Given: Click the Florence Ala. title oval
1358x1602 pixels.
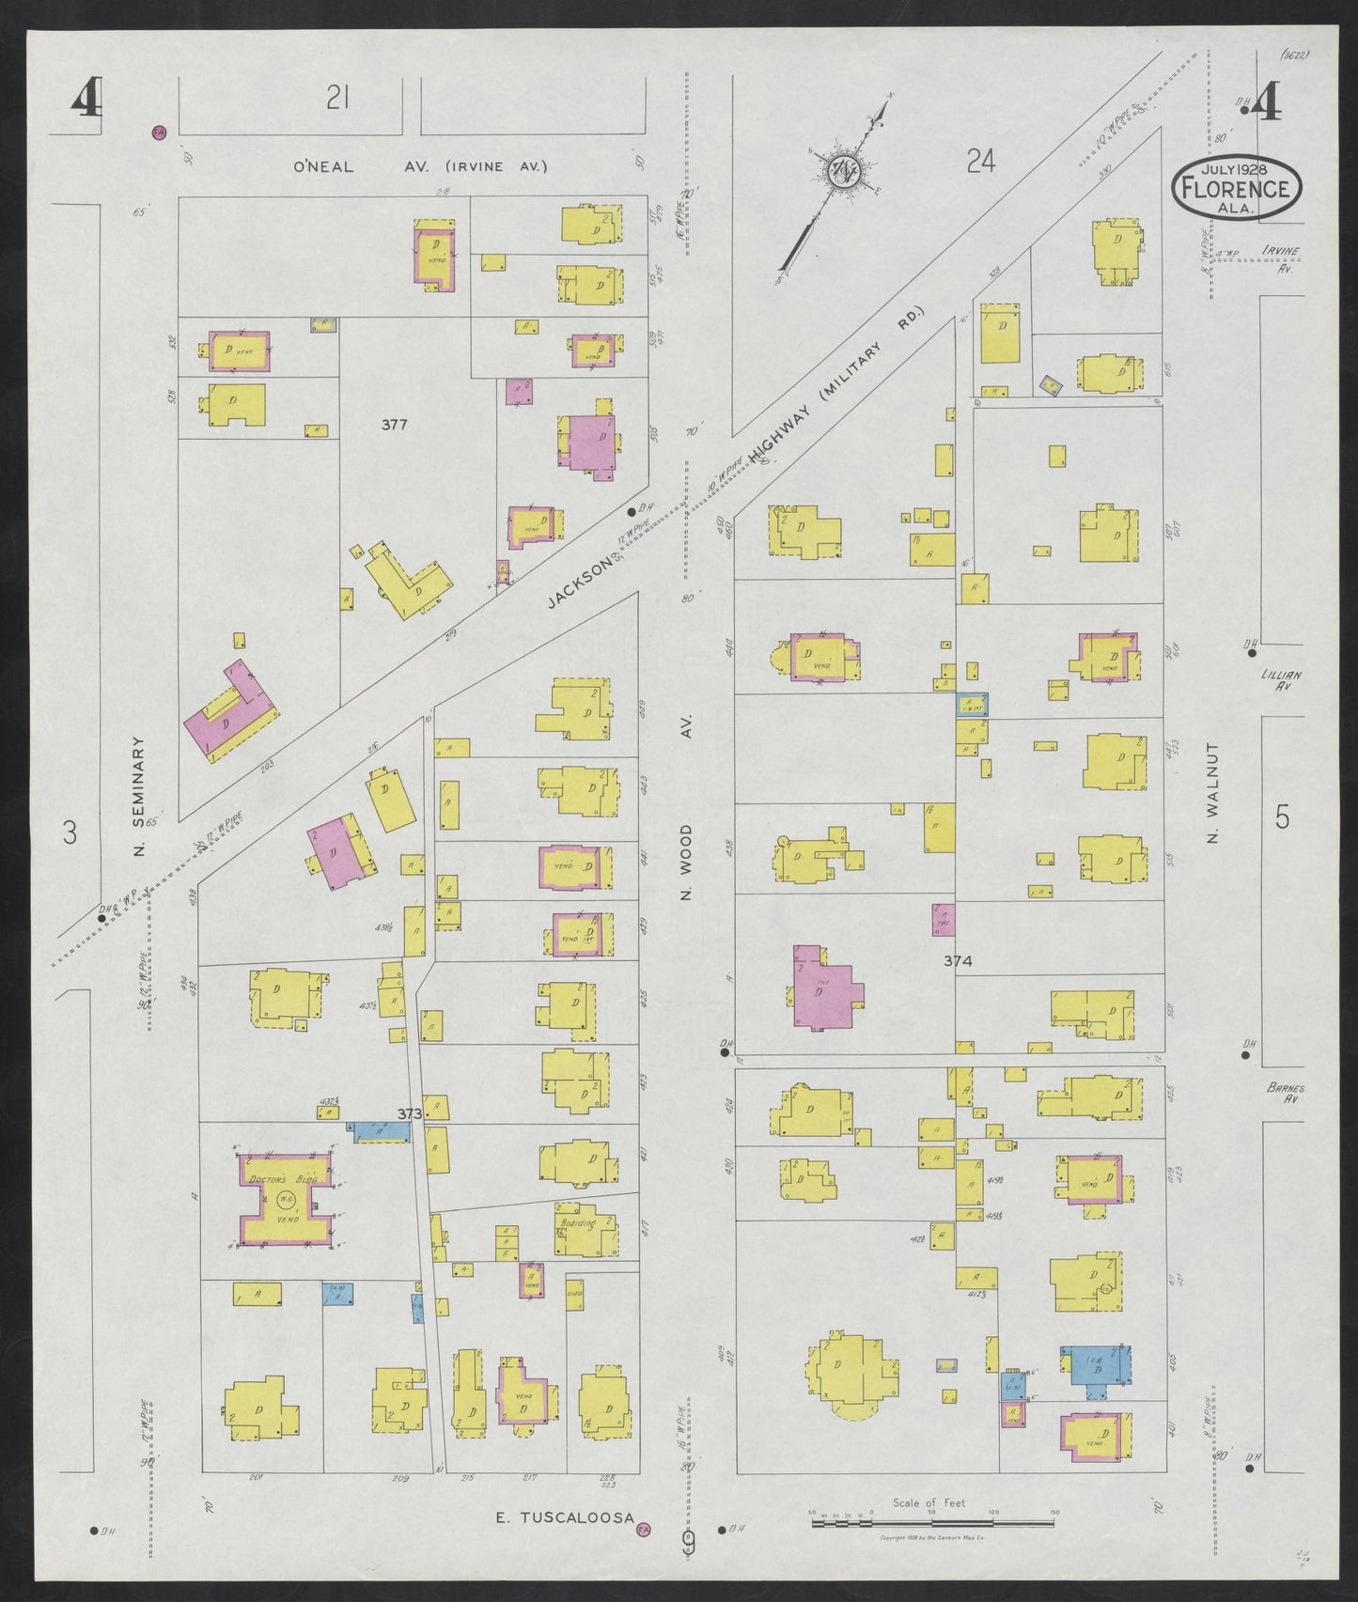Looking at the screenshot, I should [1236, 186].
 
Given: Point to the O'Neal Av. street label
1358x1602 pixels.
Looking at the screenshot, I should [324, 166].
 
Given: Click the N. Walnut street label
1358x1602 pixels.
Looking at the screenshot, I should [1212, 793].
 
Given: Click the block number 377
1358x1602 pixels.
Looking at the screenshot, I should [394, 425].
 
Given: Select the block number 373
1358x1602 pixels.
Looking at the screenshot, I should [409, 1113].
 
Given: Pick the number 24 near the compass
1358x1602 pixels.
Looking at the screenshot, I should [980, 163].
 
